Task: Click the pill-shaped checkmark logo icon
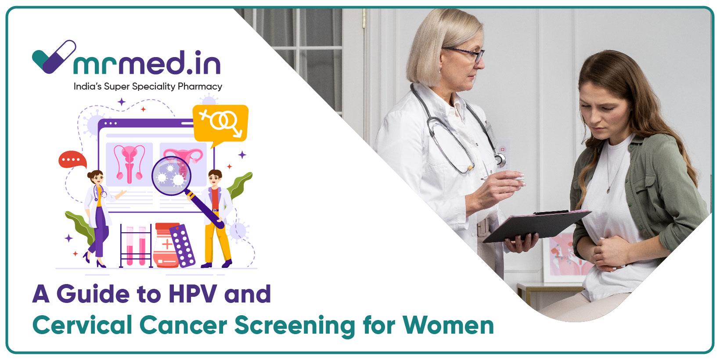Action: point(54,57)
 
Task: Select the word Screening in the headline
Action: point(295,326)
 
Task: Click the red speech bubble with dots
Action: point(72,159)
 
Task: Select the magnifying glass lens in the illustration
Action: point(171,176)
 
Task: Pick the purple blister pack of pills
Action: point(182,246)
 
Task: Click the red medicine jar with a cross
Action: point(166,245)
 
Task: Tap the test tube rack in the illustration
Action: point(136,246)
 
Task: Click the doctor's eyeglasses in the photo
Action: point(466,53)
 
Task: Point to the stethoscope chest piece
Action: point(500,160)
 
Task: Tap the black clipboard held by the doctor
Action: point(537,226)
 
